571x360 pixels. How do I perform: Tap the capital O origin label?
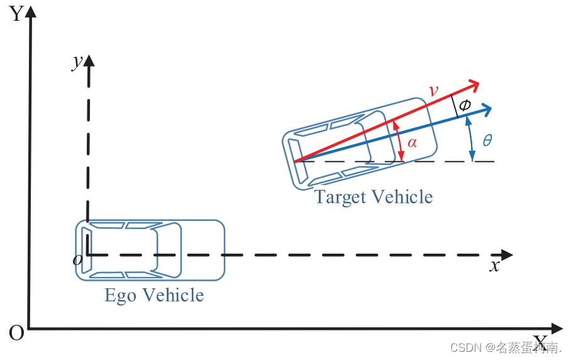(16, 333)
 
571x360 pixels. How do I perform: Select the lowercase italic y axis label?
(77, 62)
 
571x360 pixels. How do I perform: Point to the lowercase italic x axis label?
(495, 266)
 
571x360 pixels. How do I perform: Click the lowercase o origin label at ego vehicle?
(77, 259)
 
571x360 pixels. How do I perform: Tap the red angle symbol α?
(412, 143)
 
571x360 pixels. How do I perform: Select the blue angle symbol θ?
(487, 140)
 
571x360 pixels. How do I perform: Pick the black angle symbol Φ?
(464, 105)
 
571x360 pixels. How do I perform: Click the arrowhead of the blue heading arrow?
(485, 110)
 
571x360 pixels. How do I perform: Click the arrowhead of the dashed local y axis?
(89, 61)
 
